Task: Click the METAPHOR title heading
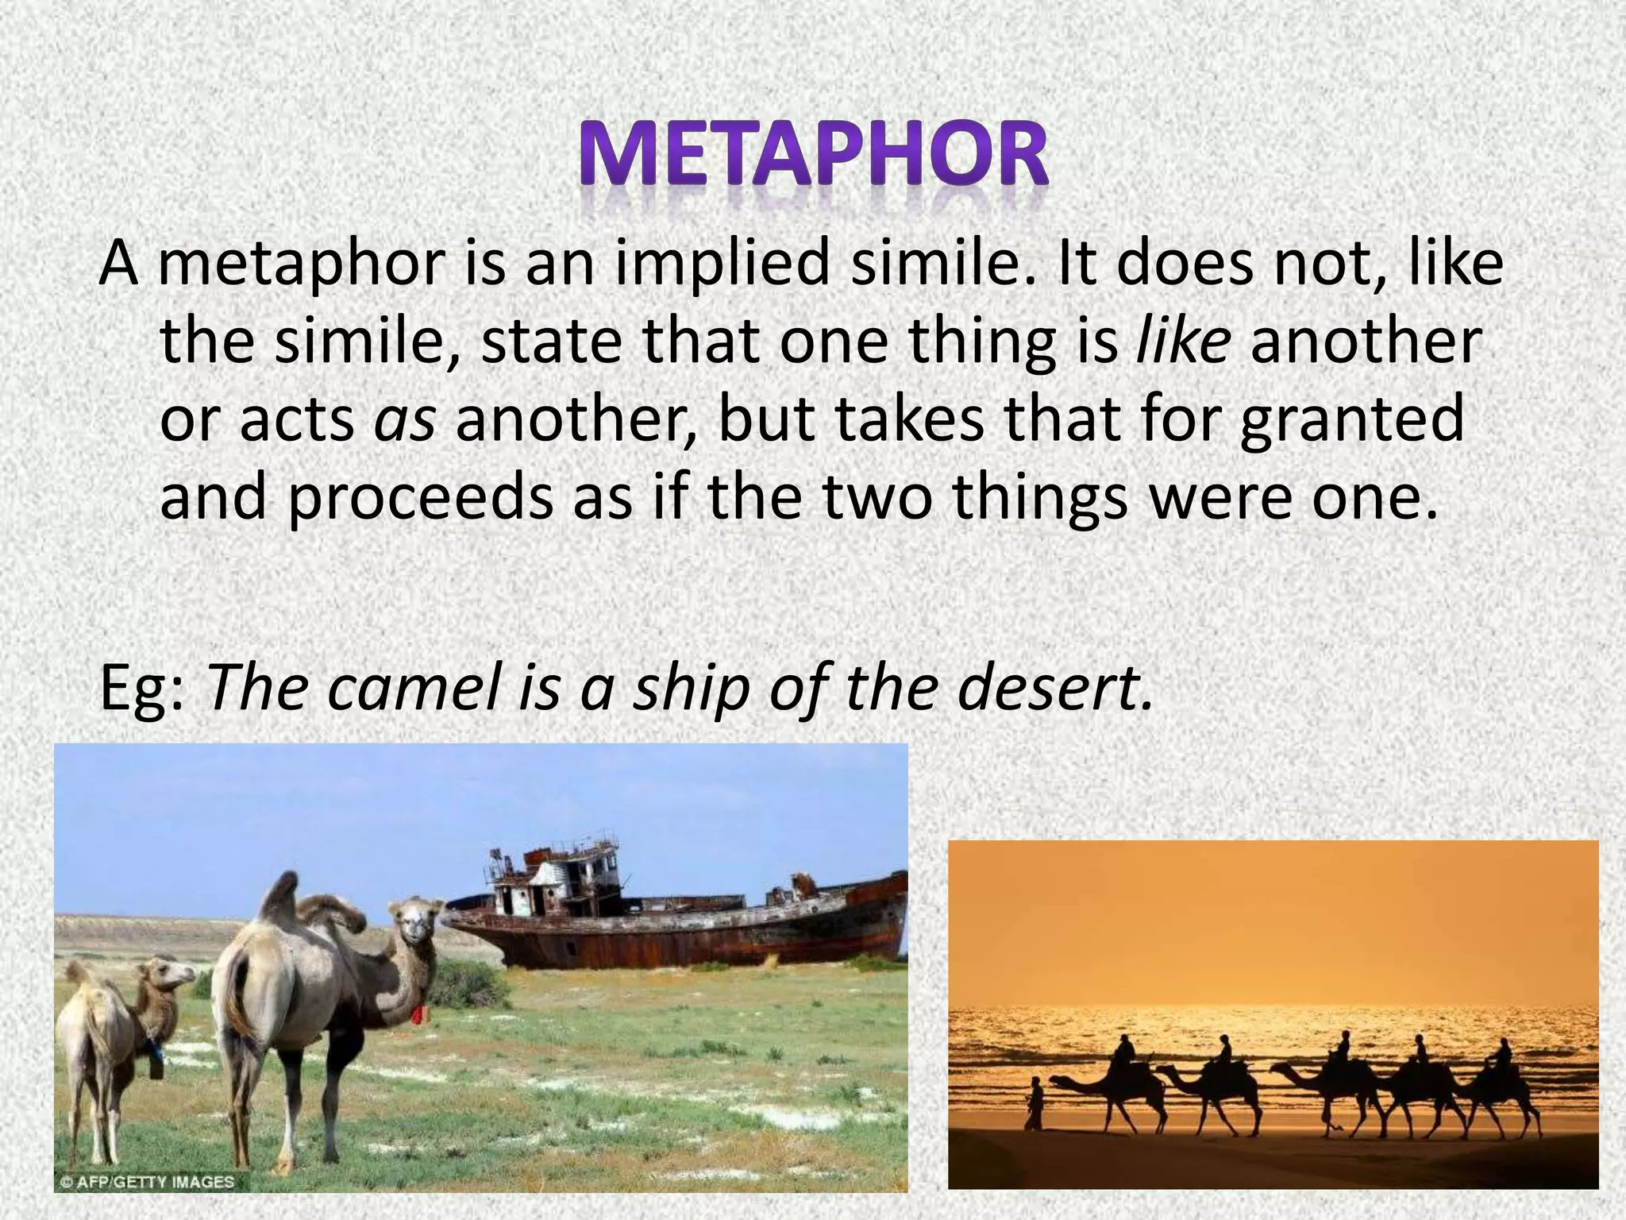point(812,156)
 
